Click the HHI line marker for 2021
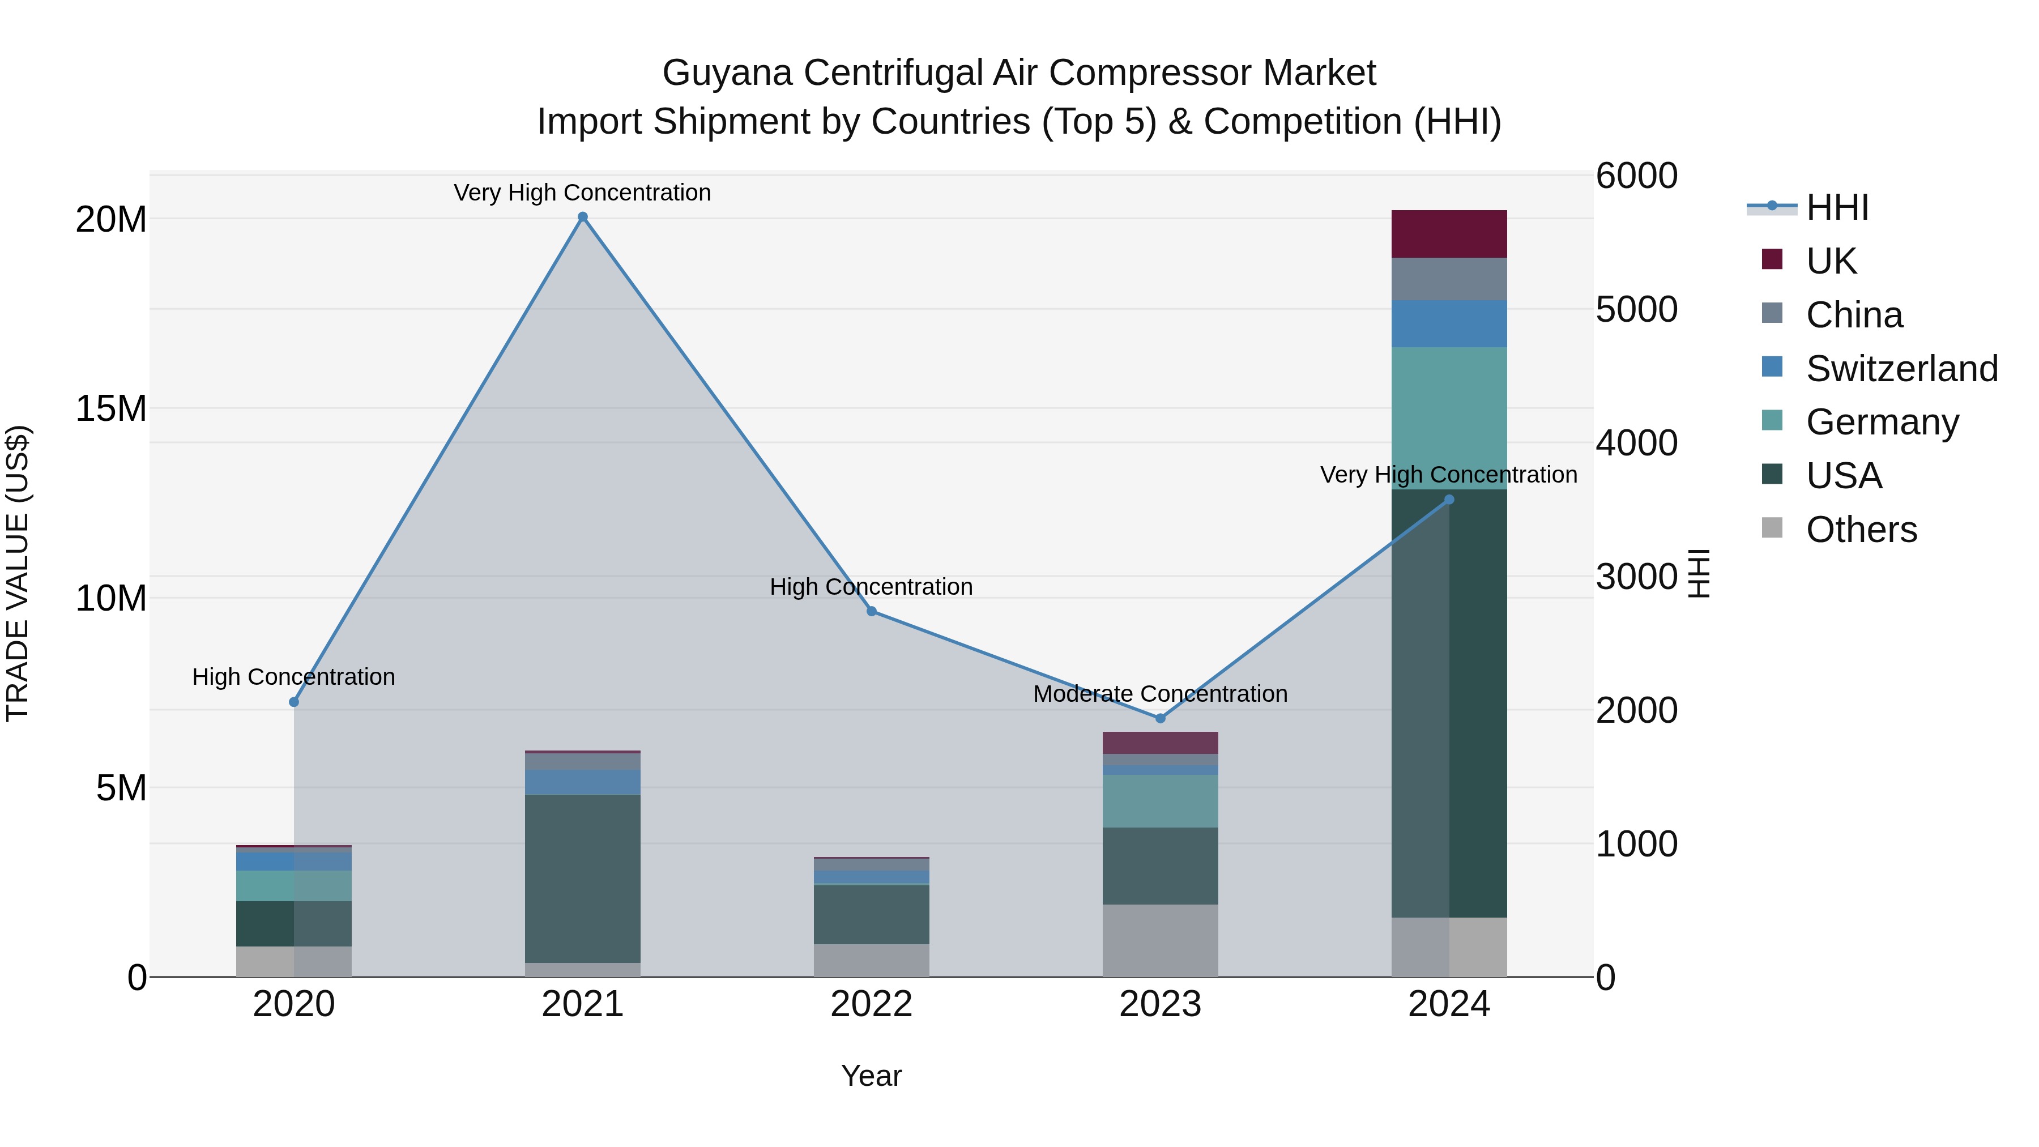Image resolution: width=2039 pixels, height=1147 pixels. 583,217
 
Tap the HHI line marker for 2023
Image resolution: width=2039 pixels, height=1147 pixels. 1161,718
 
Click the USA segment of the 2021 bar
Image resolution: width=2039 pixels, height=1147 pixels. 583,879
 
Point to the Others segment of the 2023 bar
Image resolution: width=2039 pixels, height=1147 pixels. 1161,940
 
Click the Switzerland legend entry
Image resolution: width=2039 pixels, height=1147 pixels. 1901,369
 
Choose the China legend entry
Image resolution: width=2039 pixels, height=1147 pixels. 1854,315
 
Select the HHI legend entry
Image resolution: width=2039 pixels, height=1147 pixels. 1836,207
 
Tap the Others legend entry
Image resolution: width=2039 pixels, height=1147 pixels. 1861,530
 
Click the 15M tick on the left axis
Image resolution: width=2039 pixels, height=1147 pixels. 111,410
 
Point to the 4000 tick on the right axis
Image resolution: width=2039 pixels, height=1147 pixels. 1635,444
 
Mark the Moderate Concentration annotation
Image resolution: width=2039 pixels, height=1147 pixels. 1161,694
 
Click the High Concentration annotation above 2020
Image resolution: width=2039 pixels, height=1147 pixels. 293,677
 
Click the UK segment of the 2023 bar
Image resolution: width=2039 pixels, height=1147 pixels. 1161,743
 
